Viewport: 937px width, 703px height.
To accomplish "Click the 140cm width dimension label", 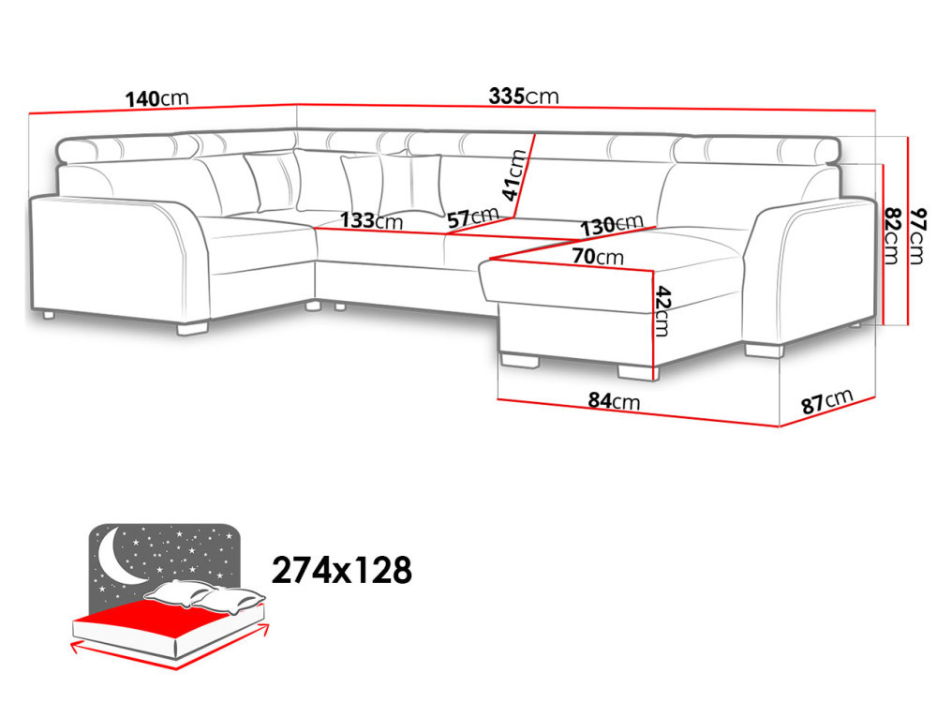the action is pyautogui.click(x=157, y=98).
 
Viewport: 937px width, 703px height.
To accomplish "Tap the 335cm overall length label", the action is pyautogui.click(x=524, y=96).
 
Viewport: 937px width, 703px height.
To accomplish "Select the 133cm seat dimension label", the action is pyautogui.click(x=372, y=220).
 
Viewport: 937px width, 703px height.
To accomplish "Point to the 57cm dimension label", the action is pyautogui.click(x=472, y=217).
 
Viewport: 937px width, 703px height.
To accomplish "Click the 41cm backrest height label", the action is pyautogui.click(x=513, y=174).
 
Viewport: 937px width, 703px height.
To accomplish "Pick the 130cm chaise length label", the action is pyautogui.click(x=612, y=225).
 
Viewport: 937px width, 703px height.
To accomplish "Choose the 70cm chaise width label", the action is pyautogui.click(x=598, y=257).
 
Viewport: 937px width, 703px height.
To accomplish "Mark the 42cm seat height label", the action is pyautogui.click(x=662, y=311).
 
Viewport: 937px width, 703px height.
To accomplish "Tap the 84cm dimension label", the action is pyautogui.click(x=614, y=400).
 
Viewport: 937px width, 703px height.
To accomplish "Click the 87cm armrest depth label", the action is pyautogui.click(x=826, y=402).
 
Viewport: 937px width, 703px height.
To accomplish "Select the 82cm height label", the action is pyautogui.click(x=891, y=235).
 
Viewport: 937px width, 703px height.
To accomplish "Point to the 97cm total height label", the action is pyautogui.click(x=916, y=236).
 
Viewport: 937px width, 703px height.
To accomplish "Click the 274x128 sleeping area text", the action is pyautogui.click(x=342, y=570).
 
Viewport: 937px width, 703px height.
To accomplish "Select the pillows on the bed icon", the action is pyautogui.click(x=205, y=596).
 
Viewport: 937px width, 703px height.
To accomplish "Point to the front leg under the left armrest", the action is pyautogui.click(x=192, y=328).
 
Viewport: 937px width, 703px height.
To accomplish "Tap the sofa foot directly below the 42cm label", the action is pyautogui.click(x=638, y=372).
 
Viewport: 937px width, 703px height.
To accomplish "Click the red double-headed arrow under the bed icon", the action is pyautogui.click(x=170, y=648).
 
